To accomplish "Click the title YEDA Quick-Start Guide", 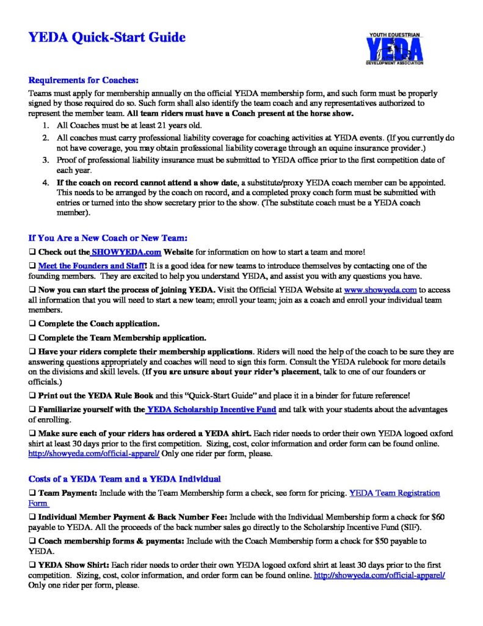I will [106, 38].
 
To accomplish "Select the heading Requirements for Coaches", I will [84, 80].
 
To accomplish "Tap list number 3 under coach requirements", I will [45, 160].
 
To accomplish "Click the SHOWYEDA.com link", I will [120, 252].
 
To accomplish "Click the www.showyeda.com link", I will [380, 290].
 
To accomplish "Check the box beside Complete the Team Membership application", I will [32, 337].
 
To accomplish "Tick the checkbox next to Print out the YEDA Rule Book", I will [32, 395].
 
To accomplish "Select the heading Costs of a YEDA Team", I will [125, 478].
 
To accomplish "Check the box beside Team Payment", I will [32, 493].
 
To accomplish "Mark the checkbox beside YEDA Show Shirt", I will [32, 565].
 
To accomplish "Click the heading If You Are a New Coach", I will [107, 237].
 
